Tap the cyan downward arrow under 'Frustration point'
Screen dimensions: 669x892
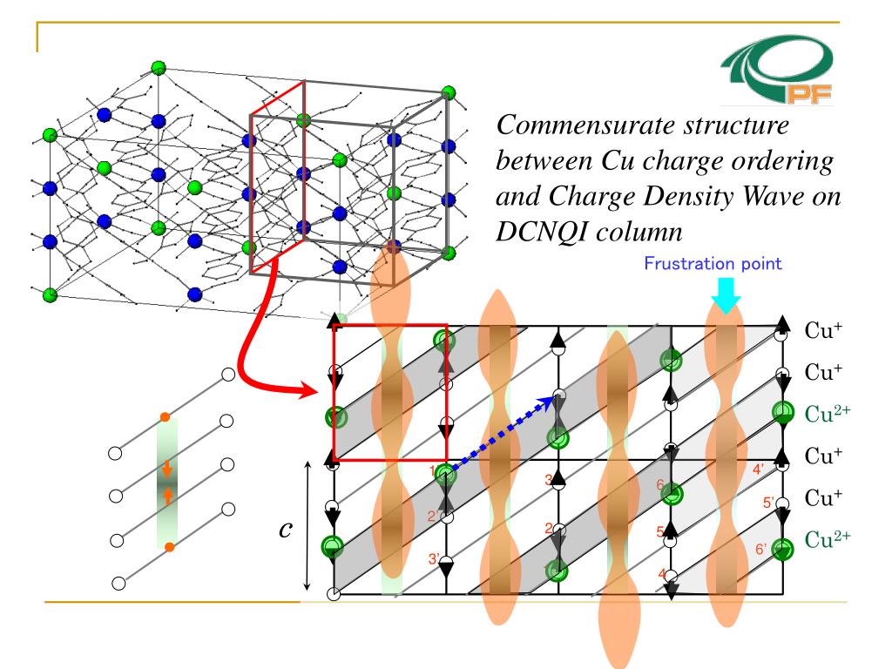725,299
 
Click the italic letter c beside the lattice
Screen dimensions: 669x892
284,530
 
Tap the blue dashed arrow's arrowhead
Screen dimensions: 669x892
552,400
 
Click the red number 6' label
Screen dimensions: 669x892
762,549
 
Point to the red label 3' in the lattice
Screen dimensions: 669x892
434,559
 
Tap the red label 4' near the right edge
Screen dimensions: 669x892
760,469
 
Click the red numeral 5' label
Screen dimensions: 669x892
768,503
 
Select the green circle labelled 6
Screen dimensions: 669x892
671,494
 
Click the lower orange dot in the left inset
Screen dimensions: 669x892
169,547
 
